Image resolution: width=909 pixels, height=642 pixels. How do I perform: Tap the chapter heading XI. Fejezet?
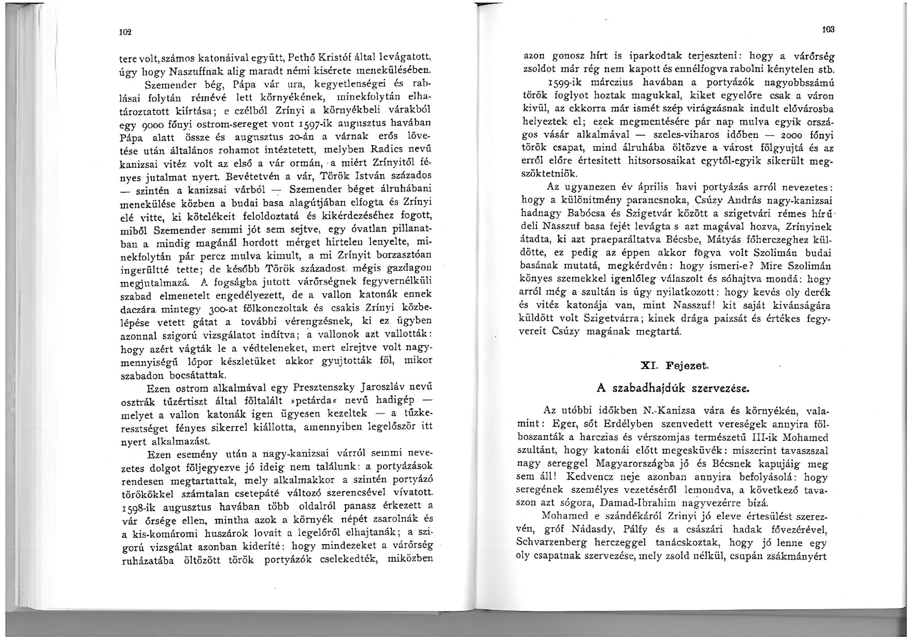(674, 365)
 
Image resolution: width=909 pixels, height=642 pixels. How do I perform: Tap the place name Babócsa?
(579, 212)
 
